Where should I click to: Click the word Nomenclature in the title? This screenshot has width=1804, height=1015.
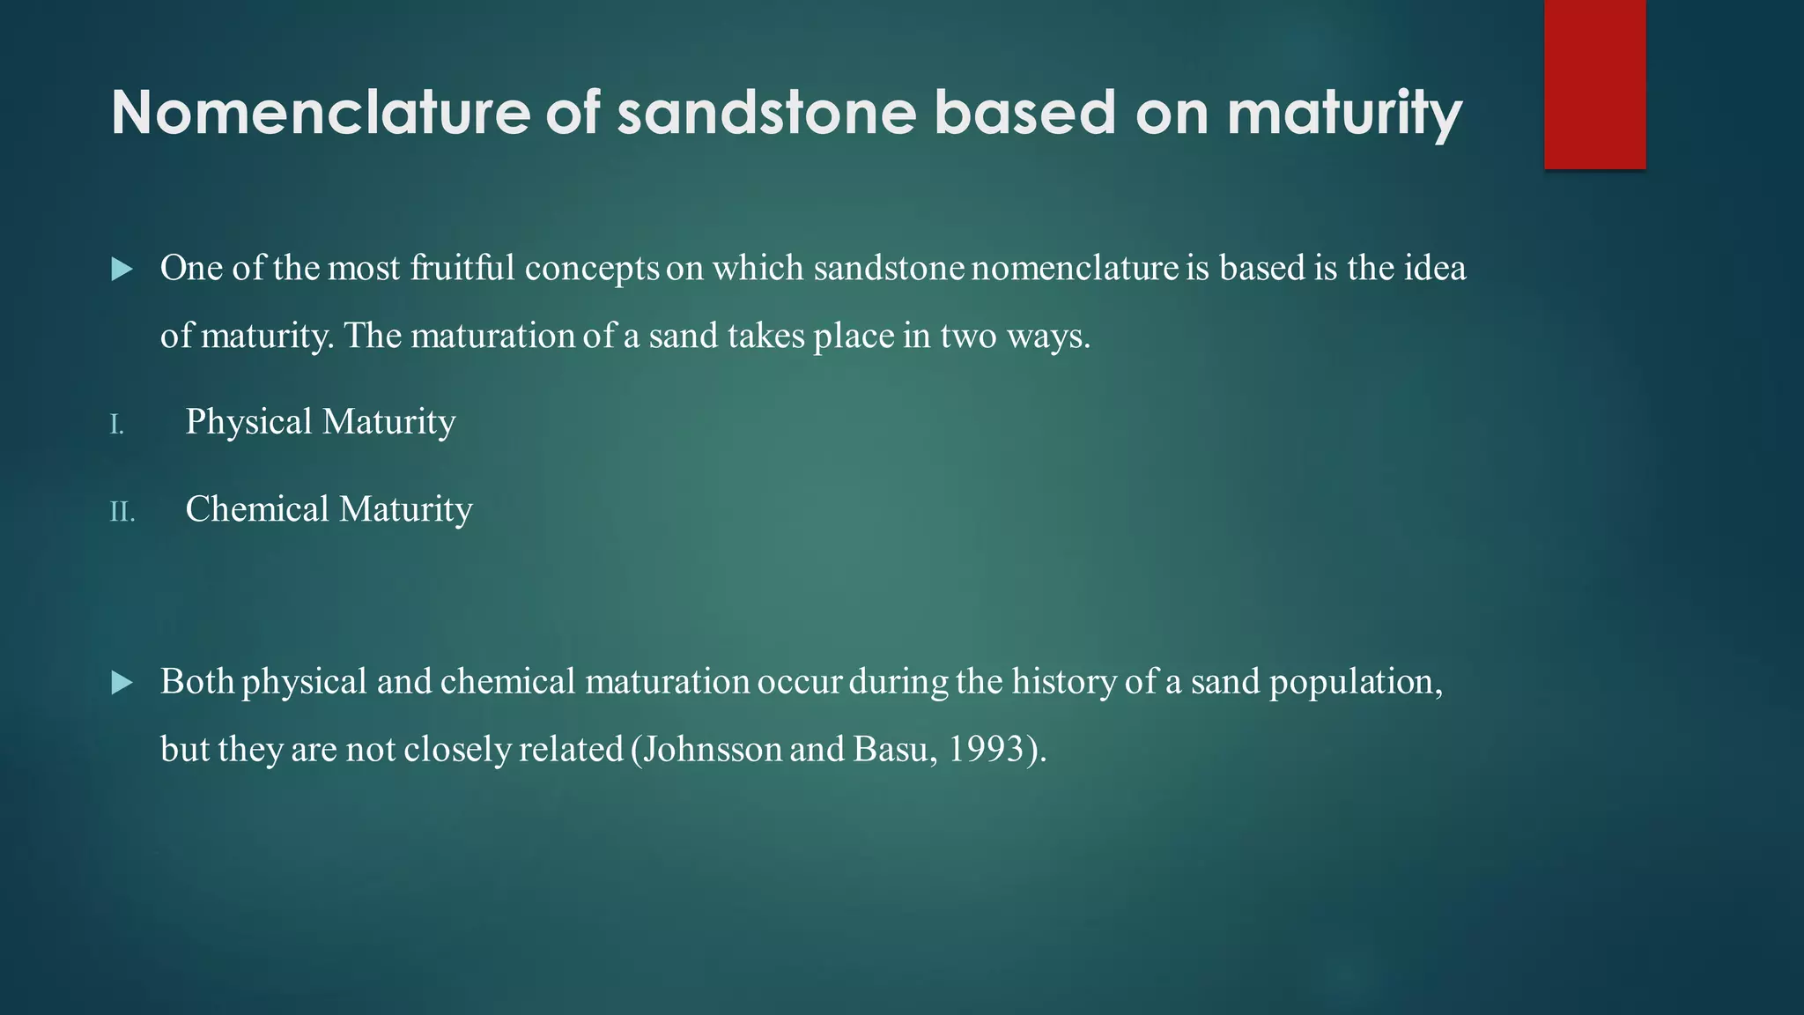click(321, 113)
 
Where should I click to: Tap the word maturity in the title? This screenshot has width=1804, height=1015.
click(1344, 115)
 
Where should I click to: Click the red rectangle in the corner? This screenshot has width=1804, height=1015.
click(1594, 84)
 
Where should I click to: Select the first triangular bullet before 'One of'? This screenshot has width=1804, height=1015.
click(122, 270)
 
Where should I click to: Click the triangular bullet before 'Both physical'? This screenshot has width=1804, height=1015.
click(122, 683)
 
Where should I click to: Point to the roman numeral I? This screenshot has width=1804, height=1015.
click(116, 426)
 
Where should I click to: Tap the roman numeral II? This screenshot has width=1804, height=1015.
click(122, 512)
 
